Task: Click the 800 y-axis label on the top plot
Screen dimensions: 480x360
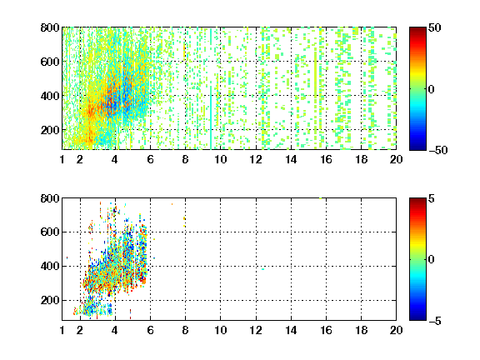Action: [x=50, y=27]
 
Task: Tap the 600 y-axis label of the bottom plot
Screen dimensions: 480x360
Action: [x=50, y=232]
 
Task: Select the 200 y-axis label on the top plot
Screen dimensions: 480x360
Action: [x=50, y=130]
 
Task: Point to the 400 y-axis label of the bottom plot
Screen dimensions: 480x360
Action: [x=50, y=266]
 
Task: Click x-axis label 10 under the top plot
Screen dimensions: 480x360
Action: [x=220, y=159]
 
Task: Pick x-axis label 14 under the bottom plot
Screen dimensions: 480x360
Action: [x=291, y=330]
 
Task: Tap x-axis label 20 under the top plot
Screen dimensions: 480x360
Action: [x=396, y=159]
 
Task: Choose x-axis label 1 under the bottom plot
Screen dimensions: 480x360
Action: [x=62, y=330]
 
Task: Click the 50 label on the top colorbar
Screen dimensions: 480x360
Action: [x=434, y=27]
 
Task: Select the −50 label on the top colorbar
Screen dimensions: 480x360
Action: [x=437, y=150]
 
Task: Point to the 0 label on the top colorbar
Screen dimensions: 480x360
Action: [x=432, y=89]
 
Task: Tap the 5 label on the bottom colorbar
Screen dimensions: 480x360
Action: [x=432, y=198]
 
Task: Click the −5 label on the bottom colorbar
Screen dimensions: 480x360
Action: [x=435, y=321]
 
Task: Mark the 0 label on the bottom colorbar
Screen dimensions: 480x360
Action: [x=432, y=260]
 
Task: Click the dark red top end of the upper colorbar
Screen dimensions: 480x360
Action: [x=417, y=29]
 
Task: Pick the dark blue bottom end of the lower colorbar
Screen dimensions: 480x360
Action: [x=417, y=318]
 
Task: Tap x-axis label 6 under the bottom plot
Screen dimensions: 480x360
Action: [x=150, y=330]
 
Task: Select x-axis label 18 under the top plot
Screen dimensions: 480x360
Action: [x=361, y=159]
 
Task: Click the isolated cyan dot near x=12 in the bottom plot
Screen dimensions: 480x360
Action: [x=263, y=269]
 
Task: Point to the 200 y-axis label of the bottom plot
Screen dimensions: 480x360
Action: [x=50, y=300]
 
